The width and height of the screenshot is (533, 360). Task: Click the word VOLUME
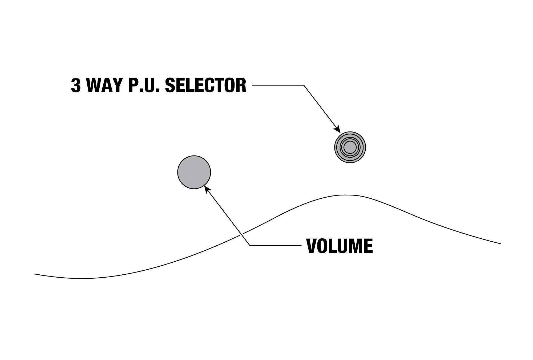340,246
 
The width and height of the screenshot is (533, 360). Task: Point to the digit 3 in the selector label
76,86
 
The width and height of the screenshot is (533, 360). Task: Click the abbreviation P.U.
144,86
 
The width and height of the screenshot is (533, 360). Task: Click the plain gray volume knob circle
194,172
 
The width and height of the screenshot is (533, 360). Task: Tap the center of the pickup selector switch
350,147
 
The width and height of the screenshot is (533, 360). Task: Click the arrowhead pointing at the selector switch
338,129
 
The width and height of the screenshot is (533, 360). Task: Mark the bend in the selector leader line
304,85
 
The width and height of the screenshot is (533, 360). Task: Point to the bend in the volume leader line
250,245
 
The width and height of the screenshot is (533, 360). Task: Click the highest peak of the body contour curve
346,195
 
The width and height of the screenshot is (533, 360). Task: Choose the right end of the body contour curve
500,243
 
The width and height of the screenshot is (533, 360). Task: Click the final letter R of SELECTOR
241,86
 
